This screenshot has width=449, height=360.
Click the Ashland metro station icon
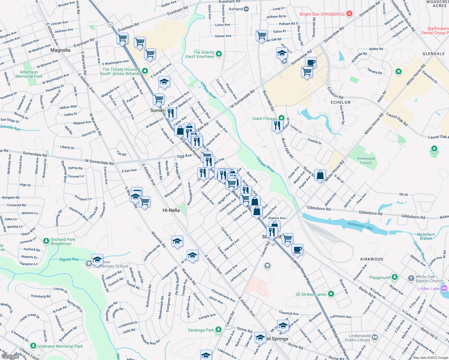pos(246,9)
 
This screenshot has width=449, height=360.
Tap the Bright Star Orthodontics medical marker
pos(349,14)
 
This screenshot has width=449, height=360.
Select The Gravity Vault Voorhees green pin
pos(219,54)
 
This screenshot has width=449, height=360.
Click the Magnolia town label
pos(60,50)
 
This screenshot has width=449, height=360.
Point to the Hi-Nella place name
pos(171,210)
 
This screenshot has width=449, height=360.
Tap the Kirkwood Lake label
pos(360,226)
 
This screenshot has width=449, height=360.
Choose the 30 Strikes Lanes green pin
pos(331,294)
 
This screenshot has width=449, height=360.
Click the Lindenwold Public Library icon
pos(375,337)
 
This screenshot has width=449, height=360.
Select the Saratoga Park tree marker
pos(218,330)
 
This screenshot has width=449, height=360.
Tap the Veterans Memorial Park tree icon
pos(33,346)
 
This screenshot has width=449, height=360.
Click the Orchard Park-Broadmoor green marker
pos(46,241)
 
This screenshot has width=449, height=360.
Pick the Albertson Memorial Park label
pos(29,74)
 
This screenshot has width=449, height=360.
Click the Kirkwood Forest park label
pos(366,160)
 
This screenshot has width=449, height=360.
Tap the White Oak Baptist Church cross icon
pos(411,278)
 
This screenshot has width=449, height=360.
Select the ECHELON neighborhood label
pos(340,102)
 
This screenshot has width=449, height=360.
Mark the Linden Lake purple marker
pos(444,288)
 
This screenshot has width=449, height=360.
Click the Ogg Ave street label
pos(184,156)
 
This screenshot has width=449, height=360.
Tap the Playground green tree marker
pos(395,277)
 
